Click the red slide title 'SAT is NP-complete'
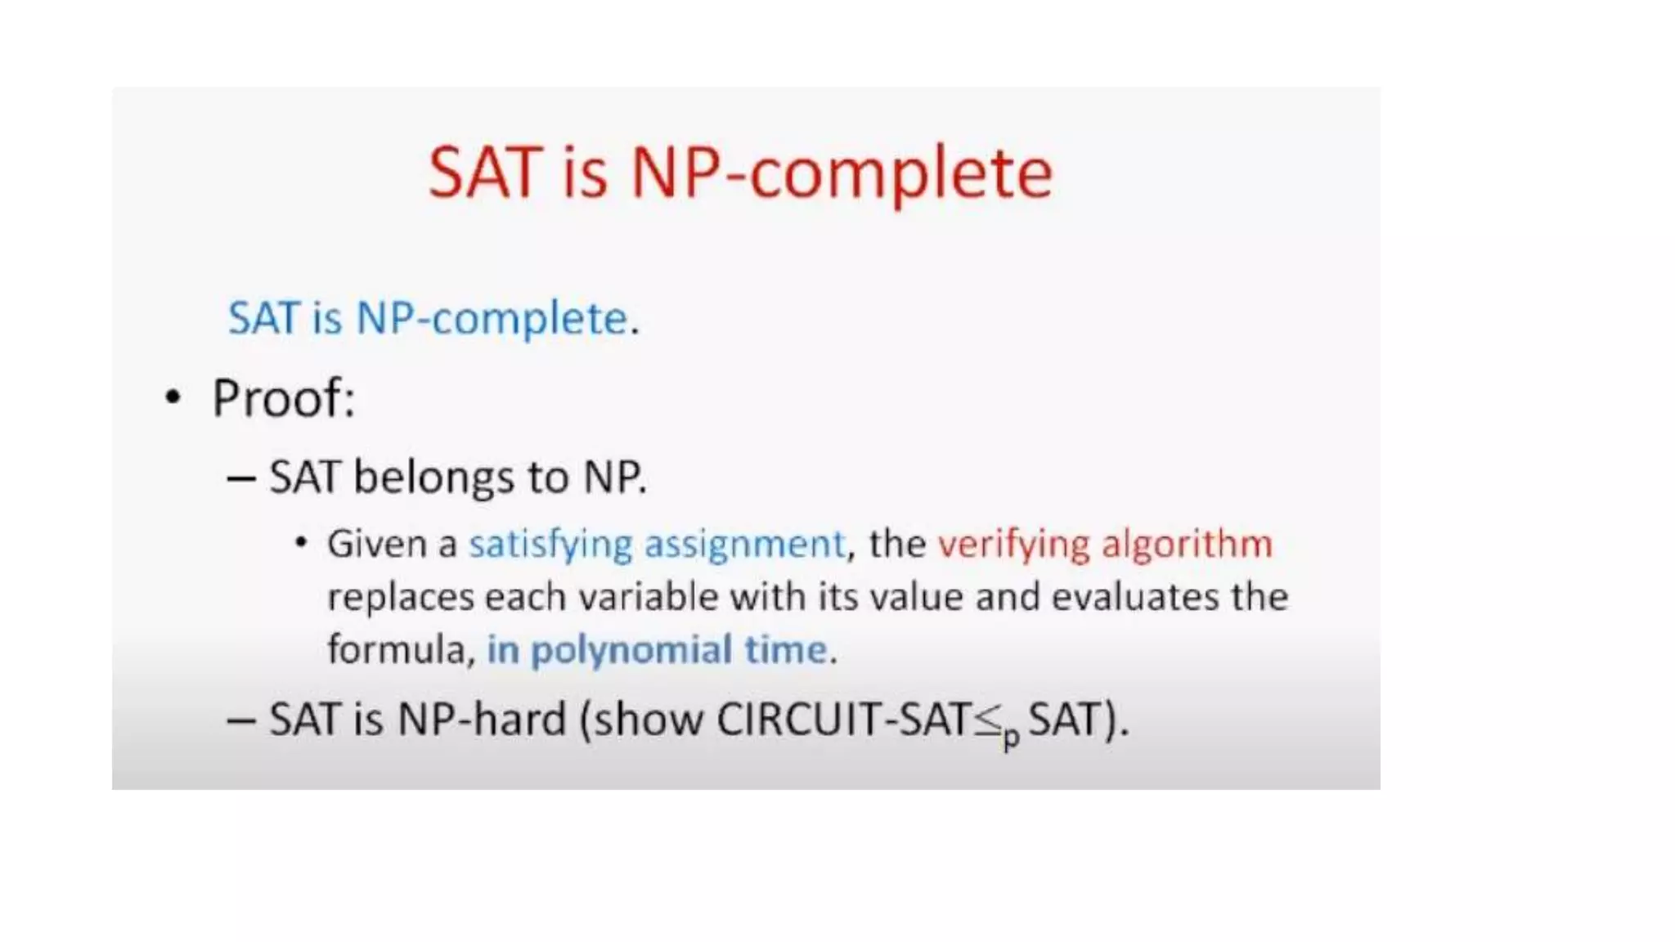[x=740, y=173]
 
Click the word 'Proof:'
[x=284, y=399]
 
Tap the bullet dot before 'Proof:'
[x=173, y=398]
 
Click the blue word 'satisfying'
[x=550, y=545]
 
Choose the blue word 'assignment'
[x=744, y=545]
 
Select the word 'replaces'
[x=401, y=596]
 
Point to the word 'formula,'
[x=401, y=649]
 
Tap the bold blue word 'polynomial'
[x=631, y=651]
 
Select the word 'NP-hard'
[x=482, y=720]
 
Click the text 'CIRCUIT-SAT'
[x=843, y=720]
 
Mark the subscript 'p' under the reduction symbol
[x=1012, y=738]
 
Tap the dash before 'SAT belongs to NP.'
[x=241, y=478]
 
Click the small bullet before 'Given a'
[x=301, y=542]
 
